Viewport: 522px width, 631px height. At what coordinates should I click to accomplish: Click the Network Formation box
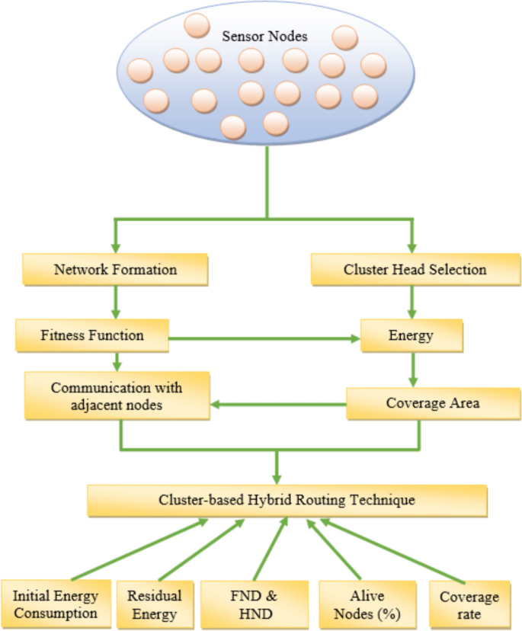pyautogui.click(x=116, y=270)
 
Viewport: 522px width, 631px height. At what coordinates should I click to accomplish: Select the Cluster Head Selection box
pyautogui.click(x=415, y=270)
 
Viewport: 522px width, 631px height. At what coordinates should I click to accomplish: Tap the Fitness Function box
pyautogui.click(x=91, y=335)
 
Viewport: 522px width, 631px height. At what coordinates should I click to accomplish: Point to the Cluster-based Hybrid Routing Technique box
pyautogui.click(x=287, y=500)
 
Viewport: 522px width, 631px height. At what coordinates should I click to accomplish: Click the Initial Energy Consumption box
pyautogui.click(x=55, y=604)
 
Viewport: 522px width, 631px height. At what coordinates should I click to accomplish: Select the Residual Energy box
pyautogui.click(x=155, y=604)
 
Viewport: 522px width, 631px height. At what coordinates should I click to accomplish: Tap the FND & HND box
pyautogui.click(x=254, y=604)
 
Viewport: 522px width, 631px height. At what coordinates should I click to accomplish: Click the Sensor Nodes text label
pyautogui.click(x=264, y=36)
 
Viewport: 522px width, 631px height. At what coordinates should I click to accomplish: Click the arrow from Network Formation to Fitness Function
pyautogui.click(x=116, y=301)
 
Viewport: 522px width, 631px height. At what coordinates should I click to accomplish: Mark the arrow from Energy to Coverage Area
pyautogui.click(x=412, y=370)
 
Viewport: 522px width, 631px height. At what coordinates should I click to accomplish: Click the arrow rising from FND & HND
pyautogui.click(x=271, y=549)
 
